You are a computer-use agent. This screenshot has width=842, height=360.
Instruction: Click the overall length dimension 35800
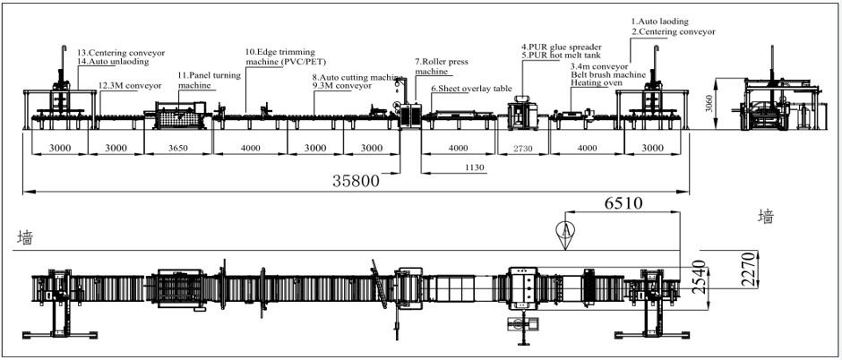356,180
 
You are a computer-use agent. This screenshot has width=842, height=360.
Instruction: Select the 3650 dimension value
177,148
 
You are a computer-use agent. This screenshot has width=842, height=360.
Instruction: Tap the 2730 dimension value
522,149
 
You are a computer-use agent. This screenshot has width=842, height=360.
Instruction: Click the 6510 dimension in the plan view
623,203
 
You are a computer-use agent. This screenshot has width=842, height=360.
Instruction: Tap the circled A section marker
565,229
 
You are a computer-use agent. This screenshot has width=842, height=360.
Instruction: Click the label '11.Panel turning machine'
210,80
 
